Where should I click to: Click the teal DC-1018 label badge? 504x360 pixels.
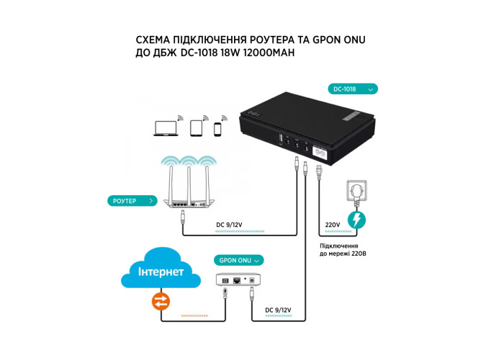pos(353,89)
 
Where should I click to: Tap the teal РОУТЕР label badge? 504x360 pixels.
pos(132,201)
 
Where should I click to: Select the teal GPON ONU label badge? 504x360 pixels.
pos(239,261)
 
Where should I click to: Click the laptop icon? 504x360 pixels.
pos(166,128)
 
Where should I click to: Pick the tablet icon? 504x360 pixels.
pos(196,128)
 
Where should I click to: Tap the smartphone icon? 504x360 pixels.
pos(217,129)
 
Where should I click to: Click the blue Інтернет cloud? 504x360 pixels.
pos(161,269)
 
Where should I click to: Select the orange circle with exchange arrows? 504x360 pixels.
pos(161,302)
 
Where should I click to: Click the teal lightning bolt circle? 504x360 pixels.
pos(356,220)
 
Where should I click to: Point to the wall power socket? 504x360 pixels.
pos(356,191)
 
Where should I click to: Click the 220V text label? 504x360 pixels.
pos(333,225)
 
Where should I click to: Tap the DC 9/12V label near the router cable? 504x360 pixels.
pos(229,225)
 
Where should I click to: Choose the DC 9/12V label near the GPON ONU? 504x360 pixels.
pos(278,310)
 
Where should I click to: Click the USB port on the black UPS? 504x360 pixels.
pos(280,139)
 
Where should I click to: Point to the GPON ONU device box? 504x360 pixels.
pos(238,280)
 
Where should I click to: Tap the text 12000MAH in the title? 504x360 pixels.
pos(269,53)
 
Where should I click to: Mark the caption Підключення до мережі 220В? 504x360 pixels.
pos(343,250)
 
